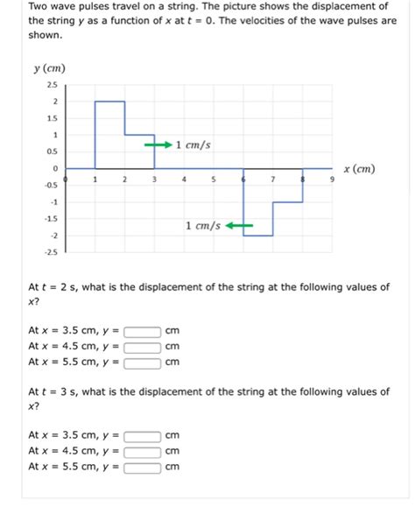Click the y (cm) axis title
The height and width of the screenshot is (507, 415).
pyautogui.click(x=49, y=68)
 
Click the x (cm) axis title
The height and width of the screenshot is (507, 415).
pyautogui.click(x=359, y=168)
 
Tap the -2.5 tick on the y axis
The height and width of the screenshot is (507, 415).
pyautogui.click(x=52, y=252)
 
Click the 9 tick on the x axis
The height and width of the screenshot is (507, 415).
pyautogui.click(x=332, y=180)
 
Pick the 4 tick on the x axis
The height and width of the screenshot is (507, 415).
pyautogui.click(x=184, y=180)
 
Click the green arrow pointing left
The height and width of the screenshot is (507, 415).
pyautogui.click(x=239, y=226)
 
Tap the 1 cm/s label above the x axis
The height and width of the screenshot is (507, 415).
pyautogui.click(x=193, y=144)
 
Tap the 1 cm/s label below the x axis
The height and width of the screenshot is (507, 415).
pyautogui.click(x=202, y=226)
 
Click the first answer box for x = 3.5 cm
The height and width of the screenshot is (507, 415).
pyautogui.click(x=143, y=332)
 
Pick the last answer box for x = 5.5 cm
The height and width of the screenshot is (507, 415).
pyautogui.click(x=143, y=467)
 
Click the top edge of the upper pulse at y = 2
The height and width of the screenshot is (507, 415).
pyautogui.click(x=109, y=102)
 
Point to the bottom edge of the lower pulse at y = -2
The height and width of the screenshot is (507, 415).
pyautogui.click(x=258, y=236)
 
